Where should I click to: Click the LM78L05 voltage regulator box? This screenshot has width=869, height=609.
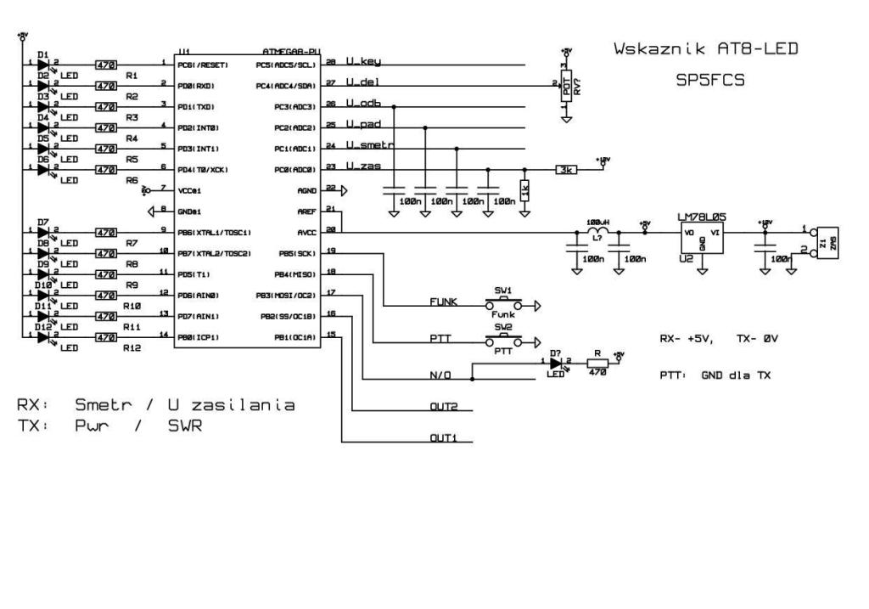(x=702, y=241)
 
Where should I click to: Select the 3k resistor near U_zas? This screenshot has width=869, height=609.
(x=567, y=169)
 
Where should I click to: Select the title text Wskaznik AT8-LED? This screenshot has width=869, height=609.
(x=705, y=49)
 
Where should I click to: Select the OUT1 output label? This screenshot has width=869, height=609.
(x=444, y=438)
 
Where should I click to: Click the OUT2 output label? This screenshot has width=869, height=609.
(x=444, y=407)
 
